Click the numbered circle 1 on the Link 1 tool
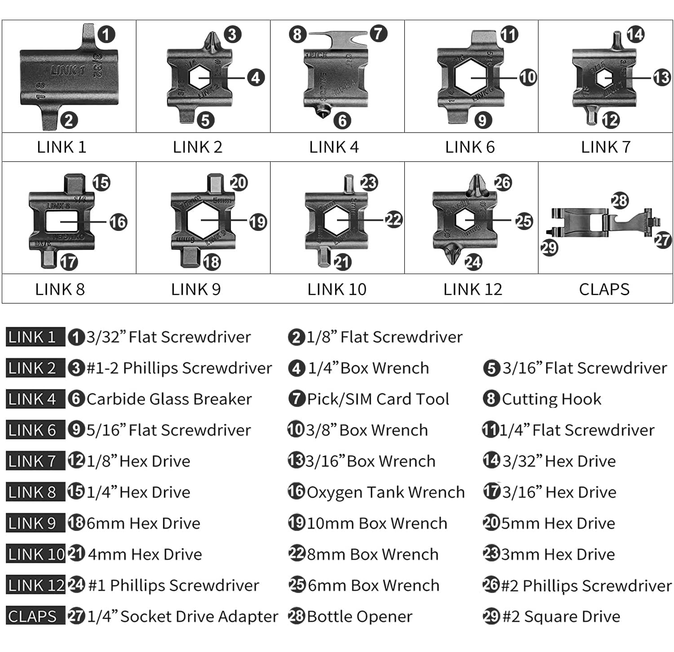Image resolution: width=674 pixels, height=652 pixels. (106, 35)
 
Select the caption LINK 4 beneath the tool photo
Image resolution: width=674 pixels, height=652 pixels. (334, 147)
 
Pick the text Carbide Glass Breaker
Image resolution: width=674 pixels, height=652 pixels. (168, 399)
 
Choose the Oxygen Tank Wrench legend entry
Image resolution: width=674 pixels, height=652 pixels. (386, 492)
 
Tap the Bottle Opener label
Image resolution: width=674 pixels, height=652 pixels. (359, 617)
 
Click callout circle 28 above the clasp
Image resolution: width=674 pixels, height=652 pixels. (619, 200)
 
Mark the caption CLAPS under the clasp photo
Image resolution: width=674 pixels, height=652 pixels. (604, 289)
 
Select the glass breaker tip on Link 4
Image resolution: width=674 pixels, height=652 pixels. (321, 111)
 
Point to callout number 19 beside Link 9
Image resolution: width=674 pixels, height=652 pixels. (257, 222)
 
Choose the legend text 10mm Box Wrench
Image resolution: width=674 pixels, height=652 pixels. (377, 523)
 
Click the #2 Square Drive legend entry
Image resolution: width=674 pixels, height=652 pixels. (561, 617)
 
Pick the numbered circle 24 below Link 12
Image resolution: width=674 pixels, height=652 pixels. (473, 262)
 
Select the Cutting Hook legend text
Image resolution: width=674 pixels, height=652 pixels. (551, 399)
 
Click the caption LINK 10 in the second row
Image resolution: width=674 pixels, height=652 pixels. (337, 289)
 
